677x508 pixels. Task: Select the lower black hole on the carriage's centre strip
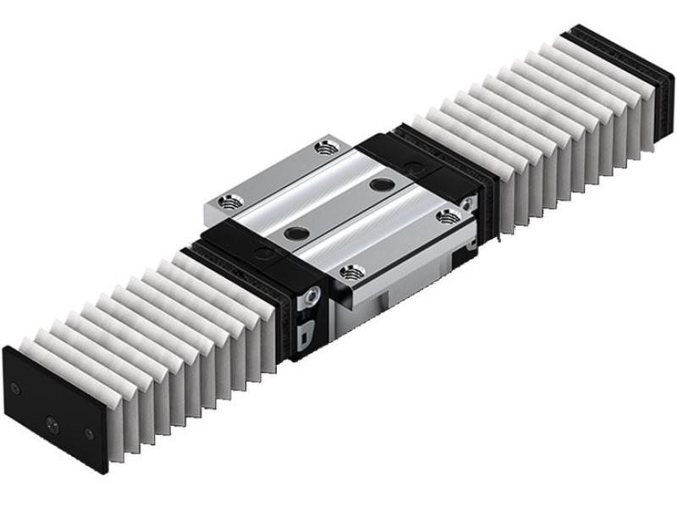[x=295, y=229]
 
